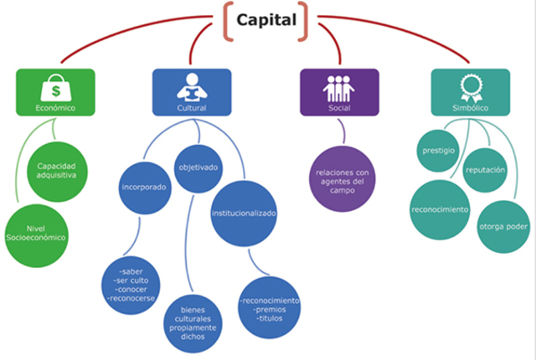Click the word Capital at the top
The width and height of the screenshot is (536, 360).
coord(265,19)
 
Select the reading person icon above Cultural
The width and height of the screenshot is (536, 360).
coord(193,85)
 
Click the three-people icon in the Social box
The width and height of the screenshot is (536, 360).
coord(339,85)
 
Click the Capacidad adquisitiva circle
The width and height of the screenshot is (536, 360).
coord(55,171)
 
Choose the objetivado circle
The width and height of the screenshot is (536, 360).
coord(198,167)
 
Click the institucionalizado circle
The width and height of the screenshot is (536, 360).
coord(243,213)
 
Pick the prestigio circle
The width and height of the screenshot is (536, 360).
coord(438,151)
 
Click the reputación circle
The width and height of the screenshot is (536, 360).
coord(487,169)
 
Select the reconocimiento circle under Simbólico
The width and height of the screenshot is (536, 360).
coord(440,208)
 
